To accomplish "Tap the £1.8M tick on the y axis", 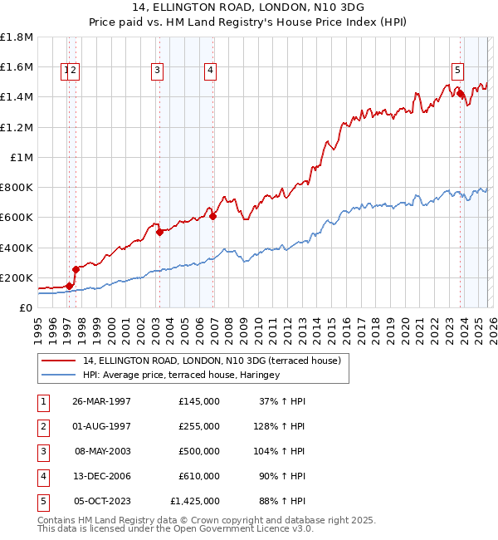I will coord(17,37).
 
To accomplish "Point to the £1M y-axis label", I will coord(22,157).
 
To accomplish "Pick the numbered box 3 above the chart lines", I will coord(157,71).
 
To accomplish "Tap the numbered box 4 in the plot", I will coord(211,71).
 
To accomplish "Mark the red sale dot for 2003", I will coord(159,233).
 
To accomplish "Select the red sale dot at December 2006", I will coord(212,216).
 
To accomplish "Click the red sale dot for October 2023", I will coord(460,94).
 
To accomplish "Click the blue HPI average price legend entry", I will coord(181,375).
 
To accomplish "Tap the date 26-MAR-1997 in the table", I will coord(102,400).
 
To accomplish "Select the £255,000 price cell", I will coord(198,425).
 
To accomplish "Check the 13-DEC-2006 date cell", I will coord(102,475).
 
